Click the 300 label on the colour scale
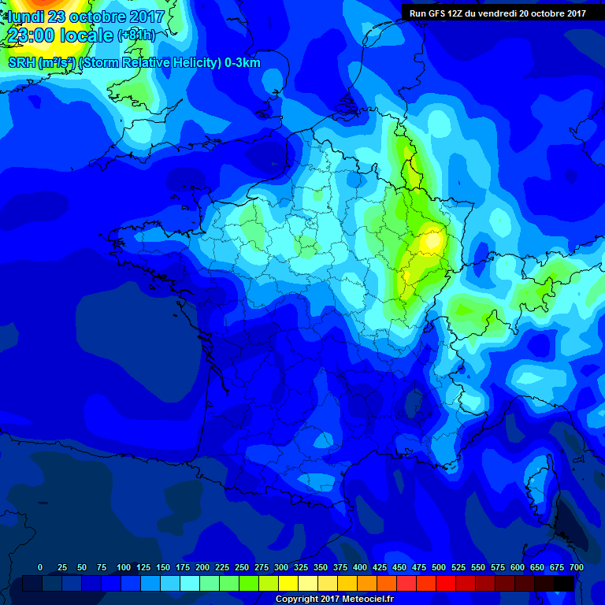(281, 567)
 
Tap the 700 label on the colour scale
(577, 567)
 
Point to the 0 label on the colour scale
(40, 567)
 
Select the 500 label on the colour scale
(439, 567)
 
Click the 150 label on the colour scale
(163, 567)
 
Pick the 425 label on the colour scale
(380, 567)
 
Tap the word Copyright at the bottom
(297, 599)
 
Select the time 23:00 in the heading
(32, 35)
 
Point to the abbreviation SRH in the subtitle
(21, 63)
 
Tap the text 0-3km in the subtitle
(242, 63)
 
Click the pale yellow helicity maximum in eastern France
(431, 240)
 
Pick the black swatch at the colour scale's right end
(564, 583)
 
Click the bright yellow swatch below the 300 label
(288, 583)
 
